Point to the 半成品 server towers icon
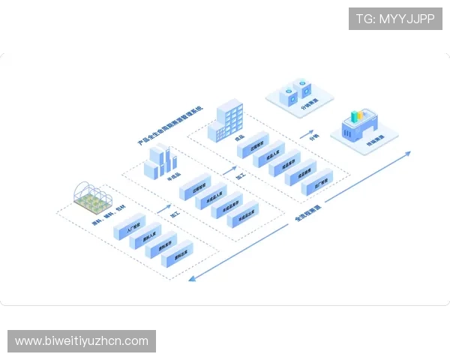(160, 160)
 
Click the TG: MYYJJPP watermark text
(394, 19)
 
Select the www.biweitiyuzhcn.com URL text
(82, 341)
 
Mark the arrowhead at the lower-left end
(192, 279)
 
